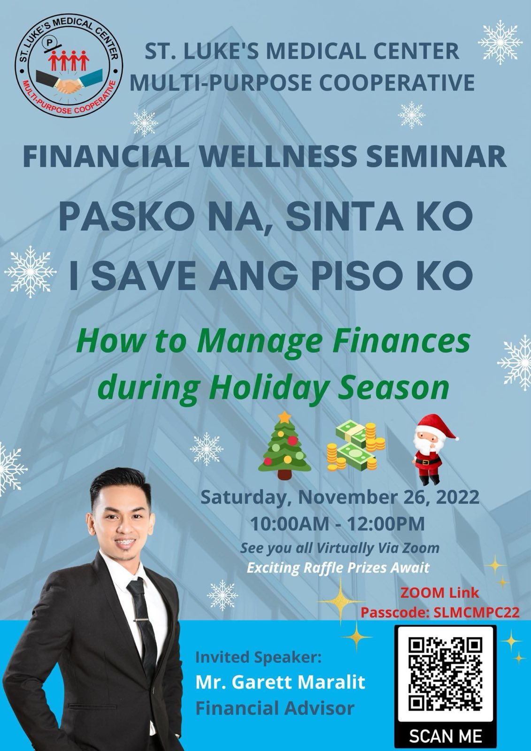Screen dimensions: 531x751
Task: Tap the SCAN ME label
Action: (x=445, y=736)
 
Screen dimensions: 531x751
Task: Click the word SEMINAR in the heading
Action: (x=436, y=156)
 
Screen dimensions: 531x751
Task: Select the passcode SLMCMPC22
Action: (x=477, y=613)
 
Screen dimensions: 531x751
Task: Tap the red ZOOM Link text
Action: (x=439, y=592)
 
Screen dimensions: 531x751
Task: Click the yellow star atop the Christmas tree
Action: (x=285, y=417)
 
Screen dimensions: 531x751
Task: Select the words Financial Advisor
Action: (x=275, y=709)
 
